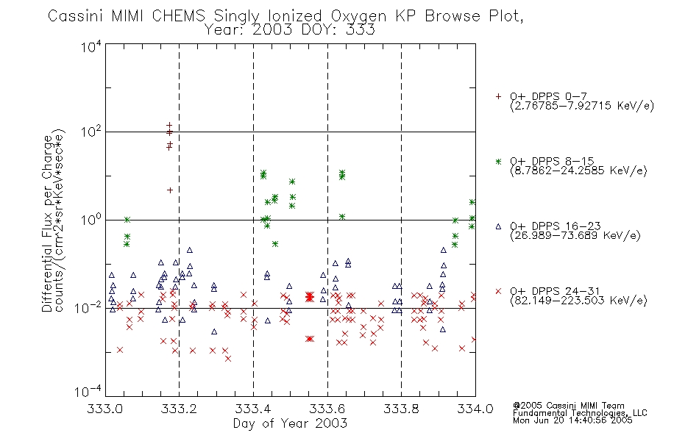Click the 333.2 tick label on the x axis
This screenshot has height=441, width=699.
180,409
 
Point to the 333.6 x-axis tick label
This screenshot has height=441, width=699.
327,409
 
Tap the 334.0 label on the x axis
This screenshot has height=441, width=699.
475,409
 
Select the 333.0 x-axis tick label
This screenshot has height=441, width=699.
105,409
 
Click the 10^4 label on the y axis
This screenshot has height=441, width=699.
91,46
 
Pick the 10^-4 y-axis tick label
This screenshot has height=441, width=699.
88,392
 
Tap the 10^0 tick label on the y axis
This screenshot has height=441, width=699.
91,220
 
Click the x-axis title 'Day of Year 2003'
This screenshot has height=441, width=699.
290,423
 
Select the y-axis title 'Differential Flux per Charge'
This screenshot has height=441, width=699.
47,223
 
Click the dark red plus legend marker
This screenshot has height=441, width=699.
498,96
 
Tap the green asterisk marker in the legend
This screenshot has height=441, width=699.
498,161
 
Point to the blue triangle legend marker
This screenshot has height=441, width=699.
498,226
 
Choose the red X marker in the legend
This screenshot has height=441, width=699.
498,291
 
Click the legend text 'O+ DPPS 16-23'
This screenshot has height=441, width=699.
556,226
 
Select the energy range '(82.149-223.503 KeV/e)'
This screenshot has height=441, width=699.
578,301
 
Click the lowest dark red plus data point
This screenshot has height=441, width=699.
170,190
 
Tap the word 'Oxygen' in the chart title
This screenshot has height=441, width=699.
358,16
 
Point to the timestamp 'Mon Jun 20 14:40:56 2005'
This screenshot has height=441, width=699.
572,420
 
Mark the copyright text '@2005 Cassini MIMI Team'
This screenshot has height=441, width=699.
569,406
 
